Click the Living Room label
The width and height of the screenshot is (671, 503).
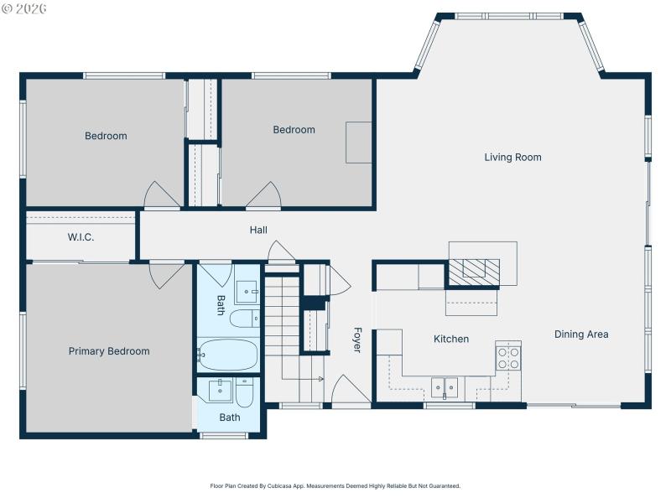[x=512, y=157]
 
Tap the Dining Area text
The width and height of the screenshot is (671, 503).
[x=581, y=334]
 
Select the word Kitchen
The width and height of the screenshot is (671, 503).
[x=450, y=339]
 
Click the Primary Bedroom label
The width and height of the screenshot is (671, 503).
[x=109, y=351]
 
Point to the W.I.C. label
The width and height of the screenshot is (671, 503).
[x=81, y=237]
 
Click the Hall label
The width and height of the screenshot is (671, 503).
[x=258, y=230]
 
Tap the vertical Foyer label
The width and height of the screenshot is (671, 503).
[x=356, y=340]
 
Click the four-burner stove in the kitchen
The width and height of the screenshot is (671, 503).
[x=508, y=358]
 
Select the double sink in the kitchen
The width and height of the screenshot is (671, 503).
[x=445, y=387]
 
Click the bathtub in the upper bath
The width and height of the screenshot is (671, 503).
[x=228, y=355]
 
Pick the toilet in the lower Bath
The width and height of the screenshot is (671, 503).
[x=244, y=393]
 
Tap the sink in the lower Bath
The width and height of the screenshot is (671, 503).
[x=221, y=390]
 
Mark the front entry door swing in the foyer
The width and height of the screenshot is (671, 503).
[x=351, y=391]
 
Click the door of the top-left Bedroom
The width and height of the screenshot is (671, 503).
[x=162, y=196]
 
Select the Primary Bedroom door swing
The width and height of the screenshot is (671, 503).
[x=165, y=274]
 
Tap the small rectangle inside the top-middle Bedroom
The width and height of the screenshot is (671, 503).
[x=359, y=142]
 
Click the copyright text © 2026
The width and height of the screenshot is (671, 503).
[x=24, y=8]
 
